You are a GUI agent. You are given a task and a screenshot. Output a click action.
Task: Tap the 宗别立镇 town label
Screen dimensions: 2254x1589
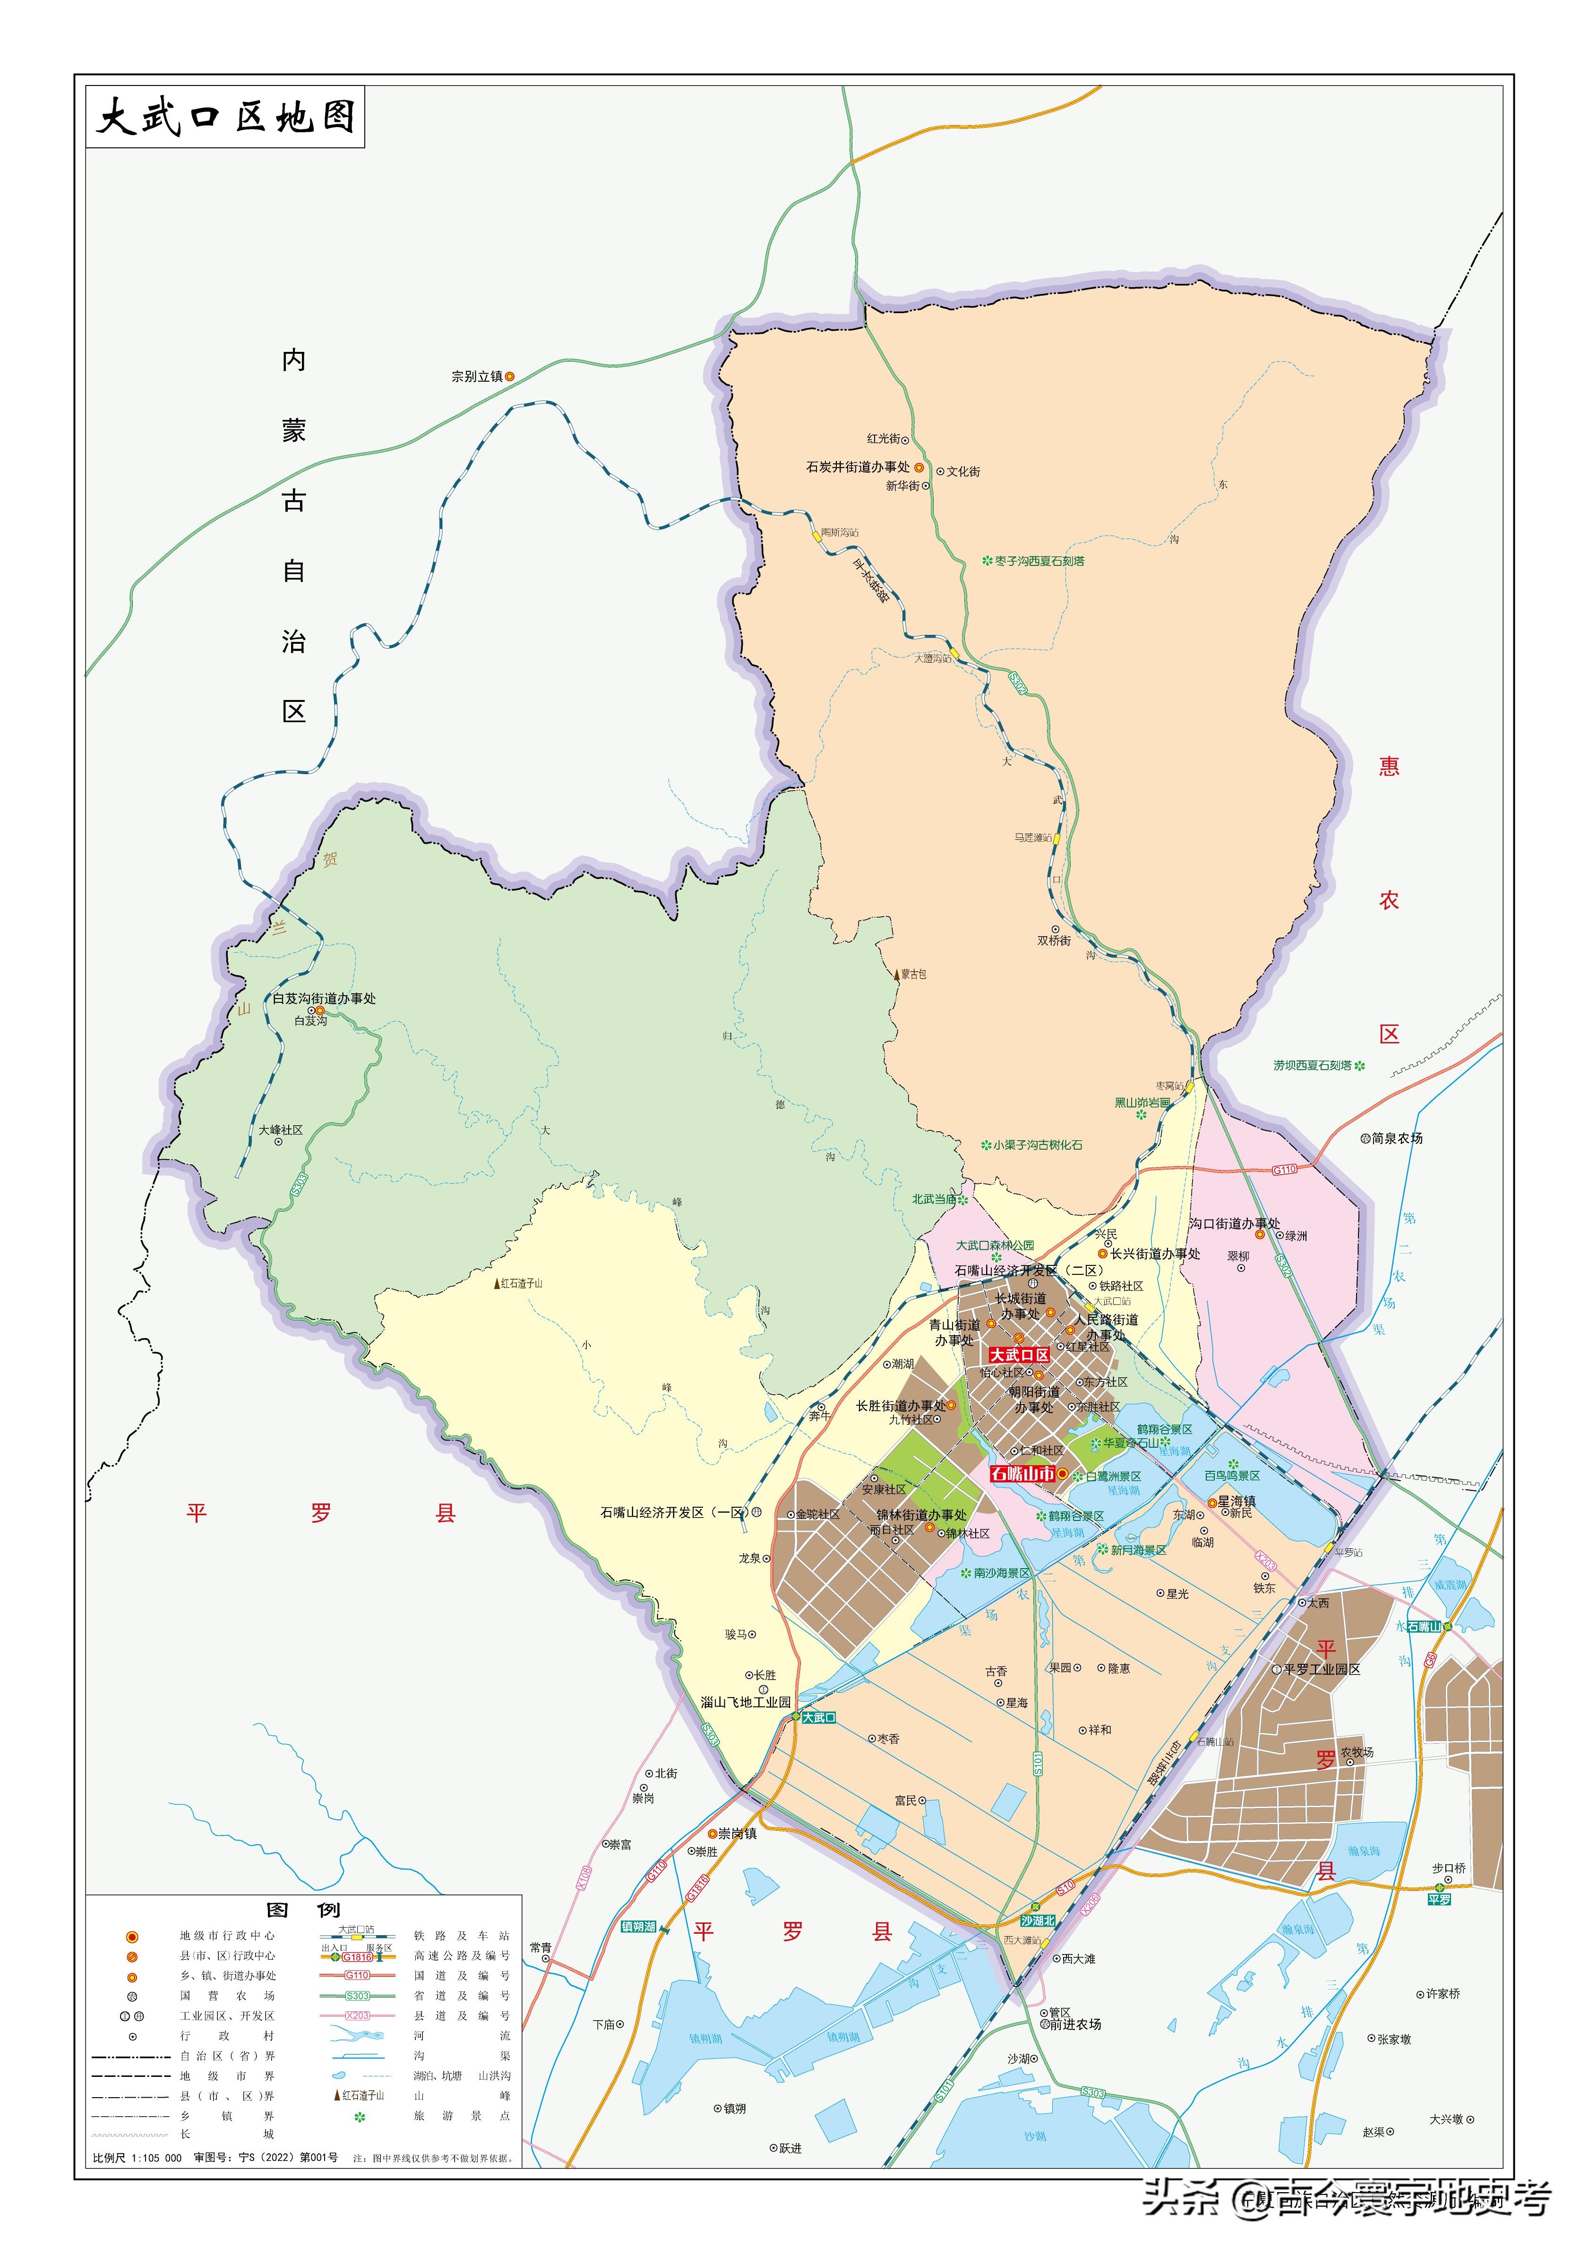coord(477,376)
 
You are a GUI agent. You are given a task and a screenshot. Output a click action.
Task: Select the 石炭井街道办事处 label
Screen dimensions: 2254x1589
coord(858,467)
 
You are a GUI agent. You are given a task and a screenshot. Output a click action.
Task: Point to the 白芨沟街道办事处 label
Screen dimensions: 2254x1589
coord(324,999)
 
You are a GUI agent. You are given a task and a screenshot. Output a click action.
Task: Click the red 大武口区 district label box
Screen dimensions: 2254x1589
coord(1018,1355)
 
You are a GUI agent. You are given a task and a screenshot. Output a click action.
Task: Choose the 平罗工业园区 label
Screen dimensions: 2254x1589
coord(1322,1669)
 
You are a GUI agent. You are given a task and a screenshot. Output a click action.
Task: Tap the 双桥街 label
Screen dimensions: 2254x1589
coord(1054,940)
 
